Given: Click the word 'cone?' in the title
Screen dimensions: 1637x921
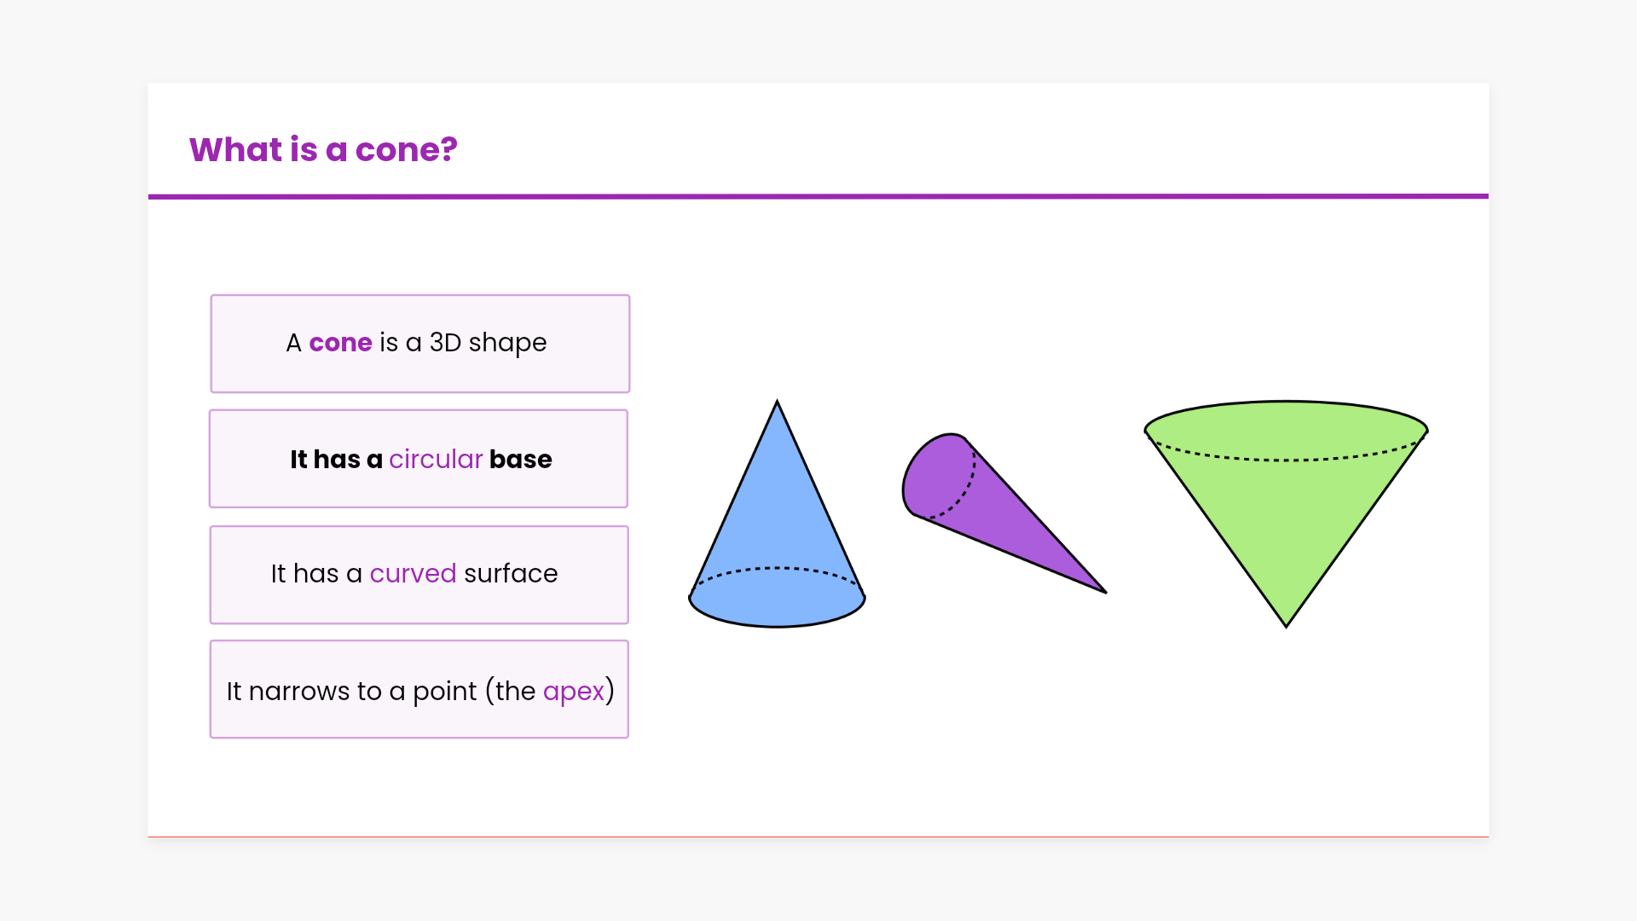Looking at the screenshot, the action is point(406,150).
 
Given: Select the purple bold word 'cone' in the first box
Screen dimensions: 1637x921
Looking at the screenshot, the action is point(340,343).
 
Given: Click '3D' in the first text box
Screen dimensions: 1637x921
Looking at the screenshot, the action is point(445,343).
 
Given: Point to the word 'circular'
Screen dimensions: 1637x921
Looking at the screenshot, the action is point(436,460).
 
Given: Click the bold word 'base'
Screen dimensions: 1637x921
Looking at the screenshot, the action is point(520,460).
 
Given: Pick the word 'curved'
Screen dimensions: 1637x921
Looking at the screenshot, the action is point(413,574).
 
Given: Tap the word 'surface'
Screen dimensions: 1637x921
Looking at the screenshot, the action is point(511,574).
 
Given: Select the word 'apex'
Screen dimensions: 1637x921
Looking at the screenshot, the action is point(574,692).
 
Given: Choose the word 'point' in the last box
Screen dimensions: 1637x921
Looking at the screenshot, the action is point(444,692).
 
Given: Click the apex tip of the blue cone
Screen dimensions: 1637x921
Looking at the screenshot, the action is point(777,402).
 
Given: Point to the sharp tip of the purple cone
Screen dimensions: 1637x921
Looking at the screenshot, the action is point(1105,592).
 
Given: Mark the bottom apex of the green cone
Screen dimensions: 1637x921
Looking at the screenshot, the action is point(1286,626).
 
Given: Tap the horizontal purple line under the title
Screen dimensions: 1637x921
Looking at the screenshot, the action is point(818,196).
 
